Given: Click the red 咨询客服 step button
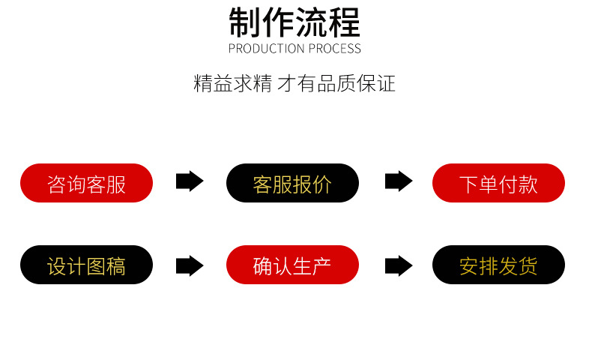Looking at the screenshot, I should point(86,183).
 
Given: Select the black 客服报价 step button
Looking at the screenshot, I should point(292,183).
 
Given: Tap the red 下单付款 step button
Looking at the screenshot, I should point(498,183).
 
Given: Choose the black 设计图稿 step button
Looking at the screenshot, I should point(86,265).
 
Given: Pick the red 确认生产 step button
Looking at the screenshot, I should point(292,265).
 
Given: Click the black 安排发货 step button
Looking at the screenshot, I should point(498,265).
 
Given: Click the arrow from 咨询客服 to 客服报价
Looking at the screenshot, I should point(190,181).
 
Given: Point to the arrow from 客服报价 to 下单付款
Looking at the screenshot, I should point(399,181).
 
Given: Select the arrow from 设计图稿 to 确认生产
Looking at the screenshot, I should point(190,265).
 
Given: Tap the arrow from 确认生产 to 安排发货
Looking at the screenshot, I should point(399,265).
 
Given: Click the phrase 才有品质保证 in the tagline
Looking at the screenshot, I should point(336,83).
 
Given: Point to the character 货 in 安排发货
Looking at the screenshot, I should point(528,265).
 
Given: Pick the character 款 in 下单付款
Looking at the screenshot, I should point(528,184).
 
